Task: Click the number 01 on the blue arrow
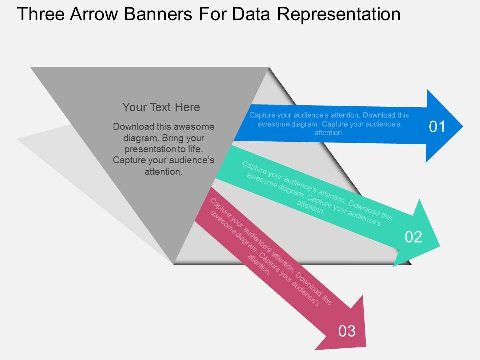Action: tap(437, 127)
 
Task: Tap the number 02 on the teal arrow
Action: tap(413, 237)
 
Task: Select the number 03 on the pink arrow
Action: tap(347, 331)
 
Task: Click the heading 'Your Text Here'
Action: tap(161, 107)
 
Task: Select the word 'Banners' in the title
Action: tap(160, 14)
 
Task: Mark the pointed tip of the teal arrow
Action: tap(439, 245)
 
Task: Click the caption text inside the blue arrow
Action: tap(329, 124)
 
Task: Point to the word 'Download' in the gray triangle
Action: tap(132, 126)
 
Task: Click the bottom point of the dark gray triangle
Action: tap(173, 263)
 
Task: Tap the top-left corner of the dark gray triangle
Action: tap(31, 67)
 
